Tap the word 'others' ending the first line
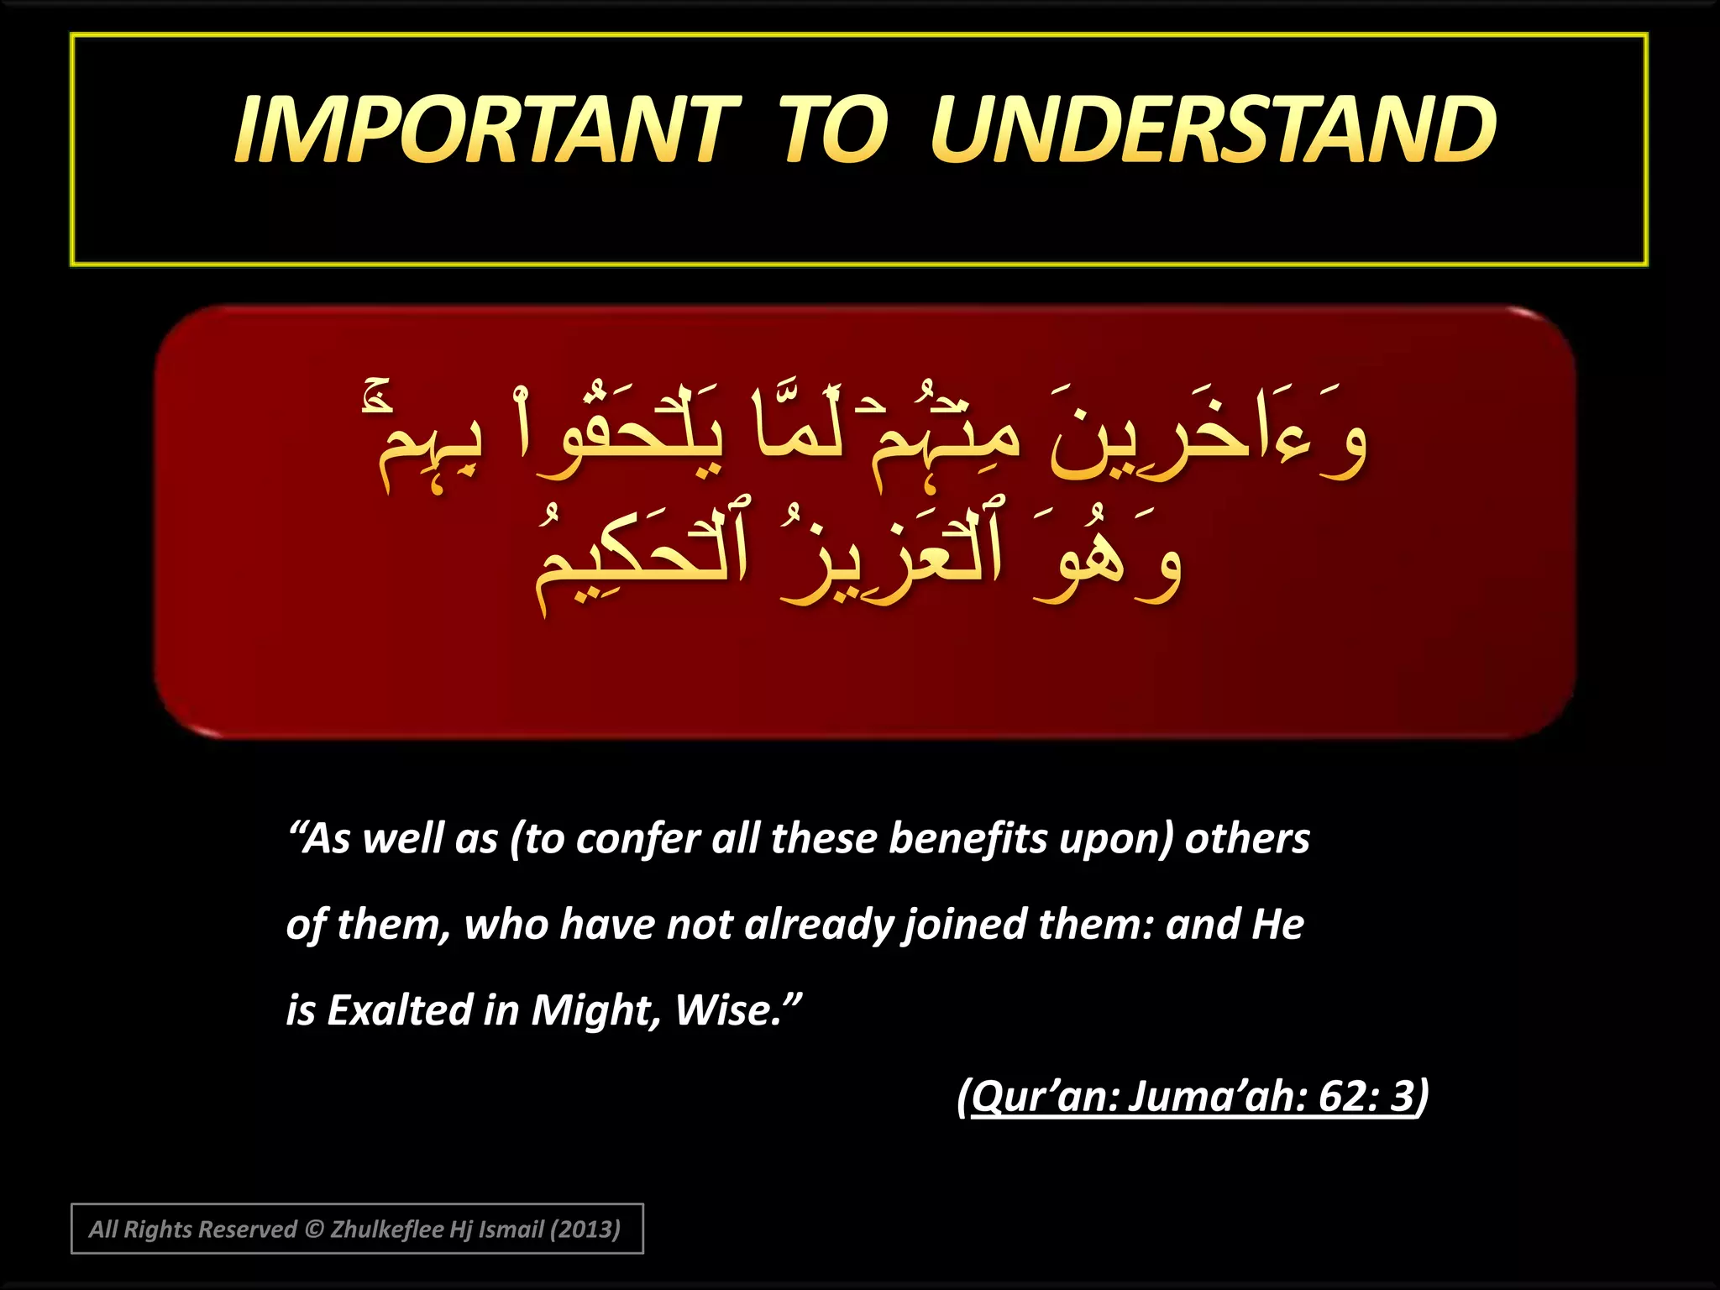[x=1247, y=839]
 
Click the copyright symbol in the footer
[x=313, y=1230]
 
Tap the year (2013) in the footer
[x=585, y=1230]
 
